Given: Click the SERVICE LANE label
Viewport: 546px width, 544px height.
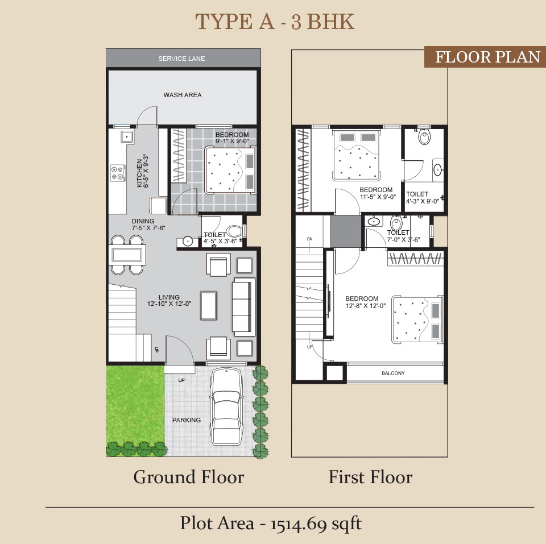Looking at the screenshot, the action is tap(181, 59).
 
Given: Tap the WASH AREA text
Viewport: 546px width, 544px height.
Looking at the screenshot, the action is tap(183, 95).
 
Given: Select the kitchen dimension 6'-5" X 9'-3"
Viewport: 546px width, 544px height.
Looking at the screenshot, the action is tap(146, 171).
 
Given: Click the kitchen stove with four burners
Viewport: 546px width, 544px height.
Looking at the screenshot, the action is tap(118, 173).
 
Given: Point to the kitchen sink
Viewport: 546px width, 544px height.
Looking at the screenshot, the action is tap(127, 136).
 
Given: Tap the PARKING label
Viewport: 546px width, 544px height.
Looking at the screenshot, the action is tap(187, 420).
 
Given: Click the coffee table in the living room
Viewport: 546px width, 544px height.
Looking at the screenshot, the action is tap(209, 306).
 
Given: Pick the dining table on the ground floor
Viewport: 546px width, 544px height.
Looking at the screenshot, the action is tap(127, 255).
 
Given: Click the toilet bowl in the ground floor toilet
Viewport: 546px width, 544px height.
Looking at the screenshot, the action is tap(234, 231).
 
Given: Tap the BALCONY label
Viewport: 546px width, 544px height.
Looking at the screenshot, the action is tap(393, 373).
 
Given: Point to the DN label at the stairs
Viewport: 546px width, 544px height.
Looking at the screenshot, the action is tap(309, 239).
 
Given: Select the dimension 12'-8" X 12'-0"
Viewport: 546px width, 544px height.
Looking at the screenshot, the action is tap(366, 306).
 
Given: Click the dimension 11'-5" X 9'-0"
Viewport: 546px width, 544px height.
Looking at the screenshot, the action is tap(378, 197).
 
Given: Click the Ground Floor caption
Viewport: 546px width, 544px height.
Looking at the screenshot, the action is tap(189, 477).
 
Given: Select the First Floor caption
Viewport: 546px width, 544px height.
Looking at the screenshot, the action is tap(370, 477).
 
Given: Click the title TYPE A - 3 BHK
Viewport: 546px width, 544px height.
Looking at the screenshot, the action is tap(274, 21).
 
